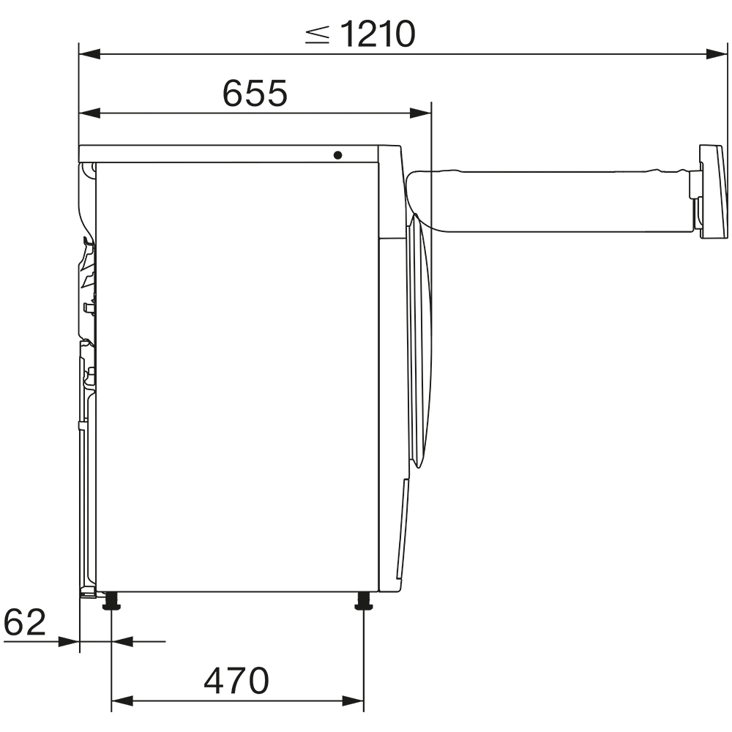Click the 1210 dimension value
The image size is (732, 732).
tap(378, 34)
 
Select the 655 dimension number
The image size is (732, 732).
tap(255, 94)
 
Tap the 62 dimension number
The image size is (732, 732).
tap(25, 623)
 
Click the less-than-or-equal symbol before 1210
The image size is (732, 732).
tap(318, 34)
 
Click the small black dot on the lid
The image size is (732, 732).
tap(337, 155)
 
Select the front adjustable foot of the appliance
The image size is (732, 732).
tap(363, 602)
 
